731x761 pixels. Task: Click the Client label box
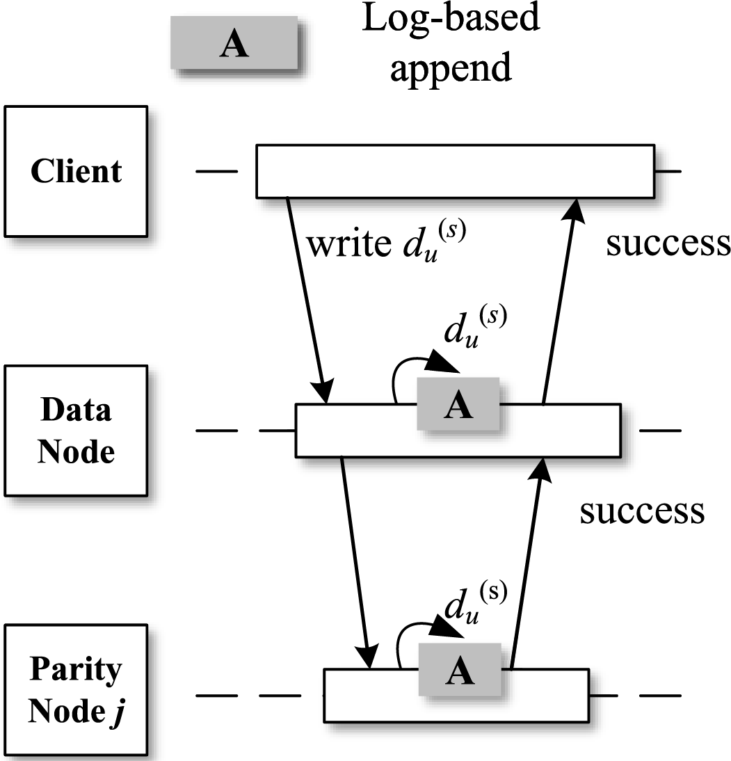pos(76,171)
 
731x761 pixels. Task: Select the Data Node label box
pos(76,431)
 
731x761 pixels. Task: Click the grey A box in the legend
pos(234,42)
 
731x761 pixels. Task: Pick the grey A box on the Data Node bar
pos(458,403)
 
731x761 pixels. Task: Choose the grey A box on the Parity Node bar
pos(460,670)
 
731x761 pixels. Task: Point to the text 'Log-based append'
pos(451,44)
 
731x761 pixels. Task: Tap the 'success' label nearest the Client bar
pos(668,243)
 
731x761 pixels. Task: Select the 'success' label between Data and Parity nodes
pos(642,511)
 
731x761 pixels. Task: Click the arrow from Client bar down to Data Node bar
pos(307,301)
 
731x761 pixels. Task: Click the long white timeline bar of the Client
pos(456,171)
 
